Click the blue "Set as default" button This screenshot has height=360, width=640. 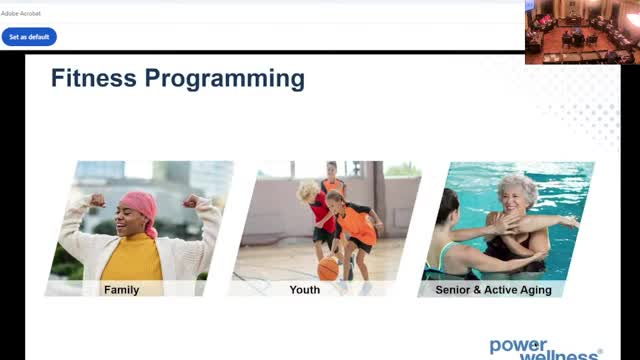click(29, 37)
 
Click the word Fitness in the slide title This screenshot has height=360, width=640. click(93, 78)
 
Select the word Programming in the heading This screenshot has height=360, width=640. click(225, 79)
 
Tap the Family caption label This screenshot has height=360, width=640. click(122, 290)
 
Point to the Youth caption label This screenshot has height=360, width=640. click(304, 290)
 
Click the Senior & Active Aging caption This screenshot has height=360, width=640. click(493, 290)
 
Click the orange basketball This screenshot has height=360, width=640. click(328, 269)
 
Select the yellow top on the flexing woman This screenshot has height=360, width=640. click(132, 258)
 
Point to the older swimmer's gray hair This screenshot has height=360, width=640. click(518, 187)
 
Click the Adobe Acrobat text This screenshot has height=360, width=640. click(21, 13)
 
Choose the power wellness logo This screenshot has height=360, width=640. click(546, 349)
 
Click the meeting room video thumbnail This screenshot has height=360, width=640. click(582, 32)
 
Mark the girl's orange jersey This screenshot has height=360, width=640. click(358, 224)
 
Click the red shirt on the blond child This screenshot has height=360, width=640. click(322, 213)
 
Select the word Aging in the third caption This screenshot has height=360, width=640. click(536, 290)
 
